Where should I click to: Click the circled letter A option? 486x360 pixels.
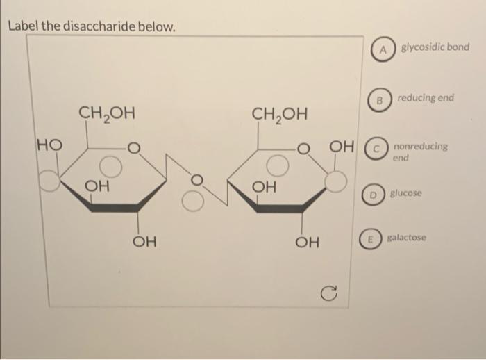[383, 49]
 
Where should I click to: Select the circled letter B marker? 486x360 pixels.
[379, 100]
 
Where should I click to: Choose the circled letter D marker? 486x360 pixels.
[374, 195]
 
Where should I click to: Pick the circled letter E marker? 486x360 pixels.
[370, 239]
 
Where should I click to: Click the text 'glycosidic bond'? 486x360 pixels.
[435, 47]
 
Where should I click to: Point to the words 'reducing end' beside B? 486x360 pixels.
[426, 98]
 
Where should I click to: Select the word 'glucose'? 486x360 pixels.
[405, 193]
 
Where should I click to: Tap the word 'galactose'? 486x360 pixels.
[406, 238]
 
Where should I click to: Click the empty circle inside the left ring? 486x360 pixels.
[110, 166]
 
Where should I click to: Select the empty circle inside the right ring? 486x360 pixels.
[278, 165]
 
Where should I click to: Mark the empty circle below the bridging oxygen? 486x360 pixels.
[192, 202]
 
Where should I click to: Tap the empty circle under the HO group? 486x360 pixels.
[49, 181]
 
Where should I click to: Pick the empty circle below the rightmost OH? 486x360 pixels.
[335, 181]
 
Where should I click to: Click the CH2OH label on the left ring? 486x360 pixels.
[107, 113]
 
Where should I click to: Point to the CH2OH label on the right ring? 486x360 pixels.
[280, 114]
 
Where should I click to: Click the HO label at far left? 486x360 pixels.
[49, 145]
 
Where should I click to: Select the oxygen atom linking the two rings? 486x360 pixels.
[196, 180]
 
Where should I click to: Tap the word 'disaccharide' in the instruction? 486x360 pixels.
[100, 26]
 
